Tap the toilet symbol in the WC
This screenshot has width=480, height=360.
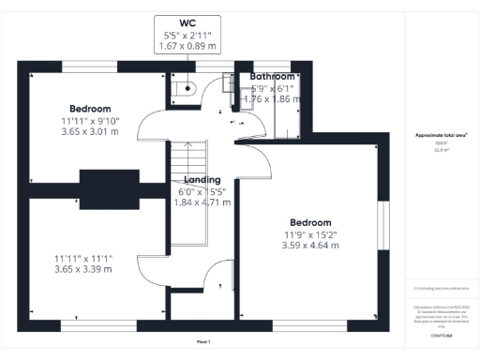[185, 90]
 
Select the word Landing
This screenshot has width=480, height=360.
[202, 180]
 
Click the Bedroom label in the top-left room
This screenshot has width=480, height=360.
[90, 108]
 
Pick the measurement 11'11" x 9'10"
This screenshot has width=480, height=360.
[90, 120]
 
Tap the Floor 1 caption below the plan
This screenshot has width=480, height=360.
[203, 341]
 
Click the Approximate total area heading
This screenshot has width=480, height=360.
[441, 135]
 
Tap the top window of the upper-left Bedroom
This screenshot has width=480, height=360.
[90, 67]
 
